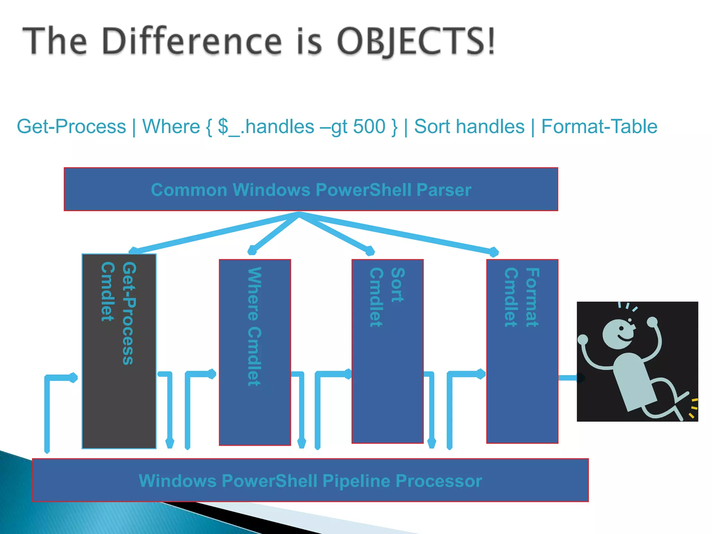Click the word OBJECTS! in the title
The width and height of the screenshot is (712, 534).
(415, 42)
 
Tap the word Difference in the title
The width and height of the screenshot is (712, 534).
(192, 42)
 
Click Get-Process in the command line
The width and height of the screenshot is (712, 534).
(71, 126)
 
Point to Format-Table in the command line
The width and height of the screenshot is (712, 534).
(599, 126)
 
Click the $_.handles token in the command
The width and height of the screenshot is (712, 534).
(266, 126)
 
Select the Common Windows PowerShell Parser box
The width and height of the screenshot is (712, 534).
(311, 189)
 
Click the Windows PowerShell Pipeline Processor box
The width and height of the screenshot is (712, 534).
(310, 480)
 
